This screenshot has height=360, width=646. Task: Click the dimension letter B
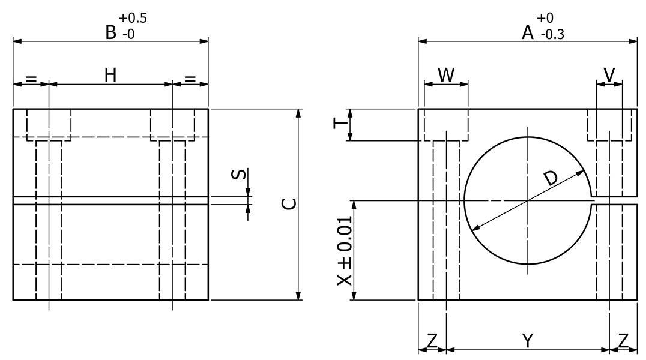point(111,32)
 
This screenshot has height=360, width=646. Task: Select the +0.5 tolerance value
point(134,19)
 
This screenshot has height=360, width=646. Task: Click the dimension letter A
point(528,32)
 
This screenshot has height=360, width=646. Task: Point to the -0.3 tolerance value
point(552,35)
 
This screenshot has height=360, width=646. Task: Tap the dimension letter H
point(110,75)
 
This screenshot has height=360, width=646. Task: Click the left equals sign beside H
point(31,78)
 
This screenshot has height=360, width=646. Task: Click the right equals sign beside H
point(190,78)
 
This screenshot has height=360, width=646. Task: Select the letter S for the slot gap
point(238,175)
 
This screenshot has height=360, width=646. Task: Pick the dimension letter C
point(289,204)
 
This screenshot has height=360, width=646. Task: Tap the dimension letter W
point(446,74)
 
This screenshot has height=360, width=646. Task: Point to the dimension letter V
point(609,74)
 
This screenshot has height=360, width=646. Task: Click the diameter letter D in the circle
point(550,178)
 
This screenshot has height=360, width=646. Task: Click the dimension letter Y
point(528,341)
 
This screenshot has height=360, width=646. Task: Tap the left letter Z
point(432,341)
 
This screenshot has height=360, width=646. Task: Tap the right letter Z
point(624,341)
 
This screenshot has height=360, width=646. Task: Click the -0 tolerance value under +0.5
point(128,35)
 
